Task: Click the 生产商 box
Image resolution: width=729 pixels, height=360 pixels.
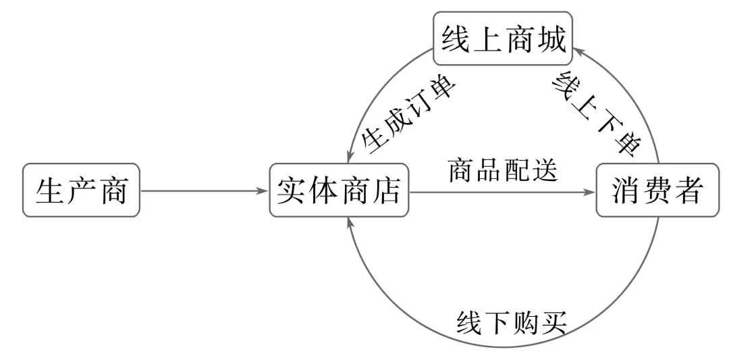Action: pos(81,190)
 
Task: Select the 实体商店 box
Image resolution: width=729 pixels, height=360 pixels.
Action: pos(339,190)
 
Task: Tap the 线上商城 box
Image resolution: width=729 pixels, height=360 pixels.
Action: pos(503,38)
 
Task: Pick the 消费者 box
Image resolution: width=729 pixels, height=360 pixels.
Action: pos(657,190)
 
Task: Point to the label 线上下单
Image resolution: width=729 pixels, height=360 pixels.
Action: pos(597,113)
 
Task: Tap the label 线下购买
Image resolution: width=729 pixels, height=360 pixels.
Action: pos(512,322)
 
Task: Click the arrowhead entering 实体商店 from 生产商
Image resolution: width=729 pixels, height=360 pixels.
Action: pos(263,190)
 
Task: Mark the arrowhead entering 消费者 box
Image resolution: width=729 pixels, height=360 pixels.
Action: pos(589,192)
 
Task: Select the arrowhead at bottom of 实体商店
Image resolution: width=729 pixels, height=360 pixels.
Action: pos(350,224)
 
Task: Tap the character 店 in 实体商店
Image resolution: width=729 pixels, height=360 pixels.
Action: pos(387,190)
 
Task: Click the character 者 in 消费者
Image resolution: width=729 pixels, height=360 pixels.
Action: pos(688,190)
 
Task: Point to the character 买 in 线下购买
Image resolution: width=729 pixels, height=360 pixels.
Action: pos(554,322)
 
